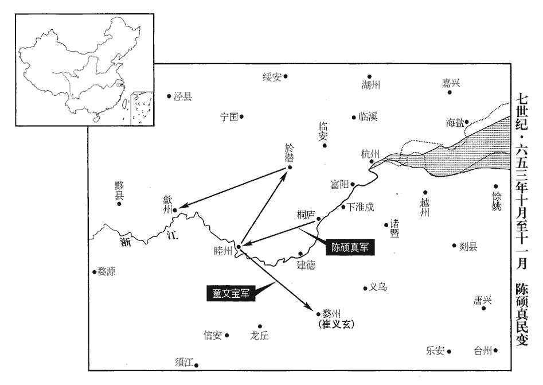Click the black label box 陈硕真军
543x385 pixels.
(349, 247)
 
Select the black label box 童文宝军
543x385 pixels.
(231, 293)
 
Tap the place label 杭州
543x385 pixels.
(370, 154)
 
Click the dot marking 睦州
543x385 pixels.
(239, 247)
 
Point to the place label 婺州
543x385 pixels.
(331, 314)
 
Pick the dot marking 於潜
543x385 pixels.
(290, 168)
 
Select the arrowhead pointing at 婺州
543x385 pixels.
(308, 307)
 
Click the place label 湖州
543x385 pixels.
(370, 85)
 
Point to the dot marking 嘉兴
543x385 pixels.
(450, 92)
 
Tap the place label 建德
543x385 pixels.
(306, 265)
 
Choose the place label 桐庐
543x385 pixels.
(306, 215)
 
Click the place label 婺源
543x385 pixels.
(106, 272)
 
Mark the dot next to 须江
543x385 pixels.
(196, 365)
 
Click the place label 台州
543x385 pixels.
(483, 351)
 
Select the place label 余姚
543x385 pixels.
(497, 201)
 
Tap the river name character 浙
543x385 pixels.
(126, 242)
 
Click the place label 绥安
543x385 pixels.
(272, 77)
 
